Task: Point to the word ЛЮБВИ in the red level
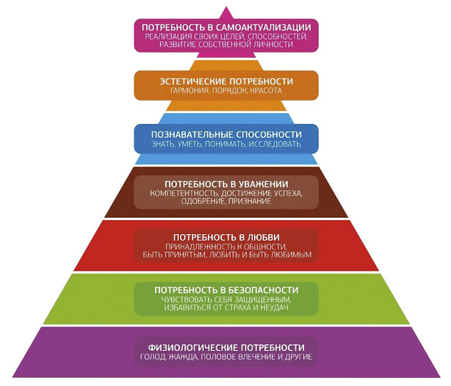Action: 260,238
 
